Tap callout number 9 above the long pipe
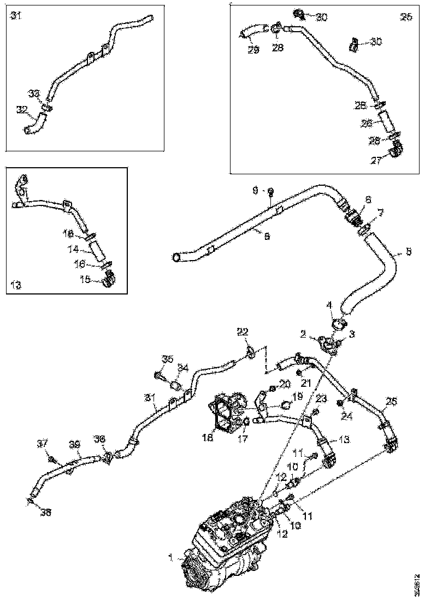[x=255, y=191]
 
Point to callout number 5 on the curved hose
[x=408, y=253]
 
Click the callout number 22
[x=243, y=332]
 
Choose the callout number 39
[x=75, y=446]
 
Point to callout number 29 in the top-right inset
[x=253, y=49]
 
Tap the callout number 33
[x=34, y=94]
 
